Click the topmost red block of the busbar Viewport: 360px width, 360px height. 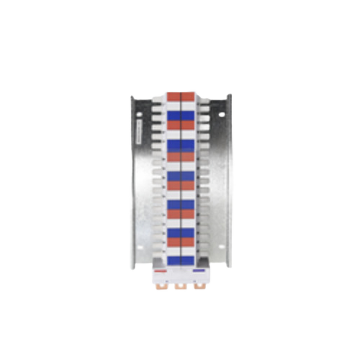[x=181, y=95]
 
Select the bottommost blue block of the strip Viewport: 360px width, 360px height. [x=181, y=259]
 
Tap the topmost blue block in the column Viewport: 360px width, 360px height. [x=181, y=114]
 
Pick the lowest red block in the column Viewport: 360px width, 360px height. [x=181, y=242]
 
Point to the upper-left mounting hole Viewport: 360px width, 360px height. [x=139, y=113]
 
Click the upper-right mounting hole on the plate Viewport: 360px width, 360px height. [x=222, y=113]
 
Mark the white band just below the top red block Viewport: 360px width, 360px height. [x=181, y=105]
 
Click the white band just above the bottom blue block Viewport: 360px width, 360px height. [x=181, y=251]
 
